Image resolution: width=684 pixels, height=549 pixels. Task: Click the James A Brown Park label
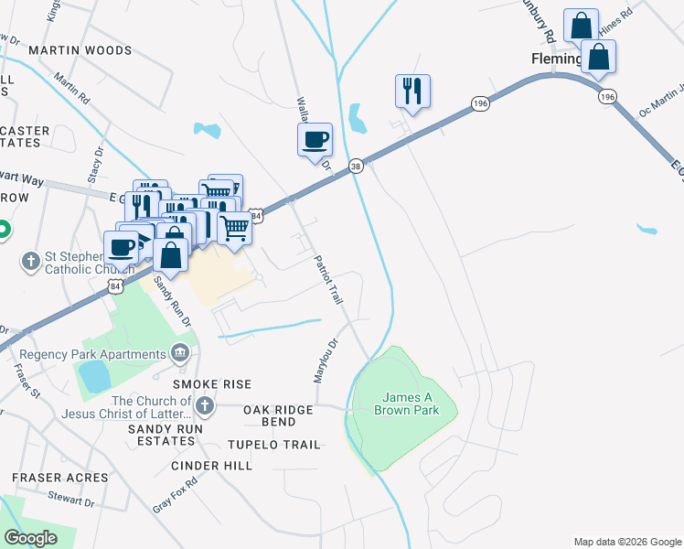406,404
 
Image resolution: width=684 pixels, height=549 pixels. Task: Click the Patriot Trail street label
328,280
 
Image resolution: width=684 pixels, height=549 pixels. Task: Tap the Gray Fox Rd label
176,495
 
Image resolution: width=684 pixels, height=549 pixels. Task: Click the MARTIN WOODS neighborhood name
80,50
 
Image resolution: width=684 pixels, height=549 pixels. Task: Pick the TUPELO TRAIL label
275,445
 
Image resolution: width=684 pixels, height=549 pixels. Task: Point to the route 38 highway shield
356,166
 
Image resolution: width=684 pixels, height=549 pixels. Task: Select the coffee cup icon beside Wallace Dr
315,139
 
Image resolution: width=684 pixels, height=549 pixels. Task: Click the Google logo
30,538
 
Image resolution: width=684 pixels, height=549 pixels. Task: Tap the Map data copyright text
627,542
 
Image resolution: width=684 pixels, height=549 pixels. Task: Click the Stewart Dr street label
72,501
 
